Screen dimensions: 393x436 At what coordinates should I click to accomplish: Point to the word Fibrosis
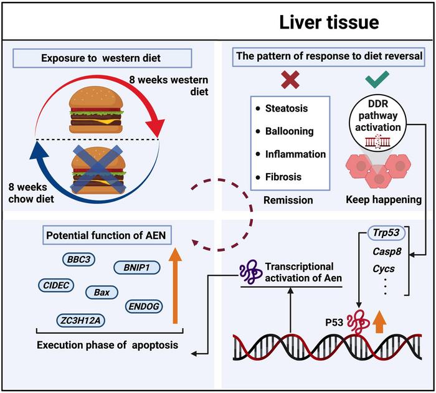pos(285,176)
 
